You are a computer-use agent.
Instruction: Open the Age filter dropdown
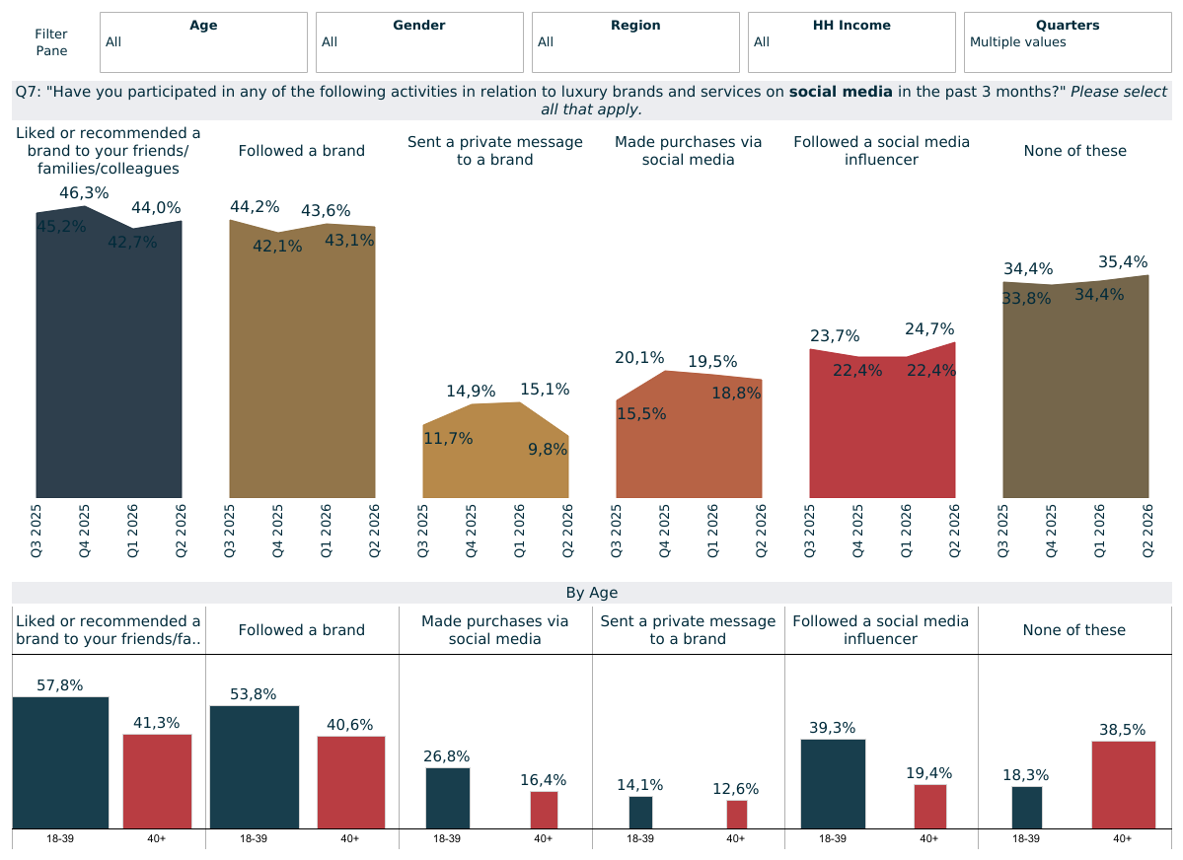pos(203,42)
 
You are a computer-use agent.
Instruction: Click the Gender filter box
pos(419,42)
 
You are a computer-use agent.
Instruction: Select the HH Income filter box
pos(851,42)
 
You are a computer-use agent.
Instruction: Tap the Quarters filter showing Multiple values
pos(1068,42)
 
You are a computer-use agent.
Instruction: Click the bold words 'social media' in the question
pos(841,92)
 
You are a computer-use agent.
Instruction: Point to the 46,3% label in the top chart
pos(85,193)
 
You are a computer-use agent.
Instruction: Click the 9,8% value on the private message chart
pos(548,450)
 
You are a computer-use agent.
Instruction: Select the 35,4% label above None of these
pos(1124,261)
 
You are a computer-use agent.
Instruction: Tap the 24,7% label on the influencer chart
pos(930,329)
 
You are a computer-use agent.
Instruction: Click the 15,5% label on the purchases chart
pos(641,414)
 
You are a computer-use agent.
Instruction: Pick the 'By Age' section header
pos(592,593)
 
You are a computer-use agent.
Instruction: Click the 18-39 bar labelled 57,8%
pos(60,762)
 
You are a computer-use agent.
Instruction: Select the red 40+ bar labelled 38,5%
pos(1124,785)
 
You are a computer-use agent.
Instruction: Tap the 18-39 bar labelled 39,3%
pos(833,784)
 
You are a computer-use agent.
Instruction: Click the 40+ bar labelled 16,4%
pos(544,811)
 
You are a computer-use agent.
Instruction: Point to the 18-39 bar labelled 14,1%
pos(640,813)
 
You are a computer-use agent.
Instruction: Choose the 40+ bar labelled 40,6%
pos(351,782)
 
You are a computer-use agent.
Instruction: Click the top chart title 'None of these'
pos(1075,151)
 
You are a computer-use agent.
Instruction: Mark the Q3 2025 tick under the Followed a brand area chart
pos(229,531)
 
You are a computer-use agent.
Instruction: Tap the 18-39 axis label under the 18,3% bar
pos(1026,839)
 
